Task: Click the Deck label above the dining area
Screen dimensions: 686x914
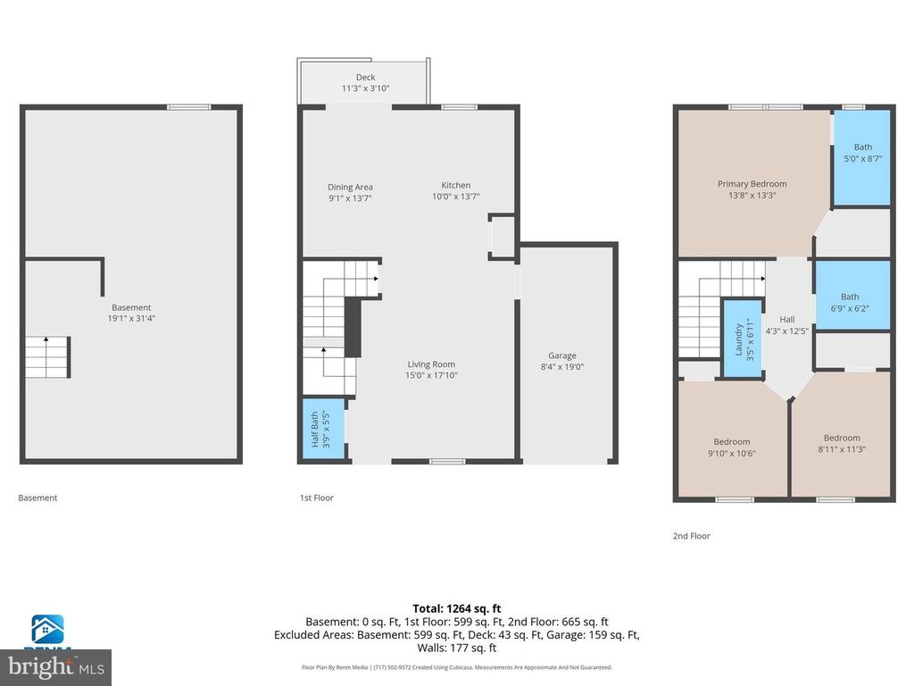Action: click(x=365, y=78)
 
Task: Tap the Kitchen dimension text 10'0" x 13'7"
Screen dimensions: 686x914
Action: click(x=455, y=197)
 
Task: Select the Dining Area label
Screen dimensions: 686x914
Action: click(x=350, y=188)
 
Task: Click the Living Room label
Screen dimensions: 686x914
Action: click(x=431, y=364)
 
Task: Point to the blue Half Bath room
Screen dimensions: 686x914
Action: click(x=321, y=429)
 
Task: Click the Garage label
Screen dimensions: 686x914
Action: click(x=561, y=356)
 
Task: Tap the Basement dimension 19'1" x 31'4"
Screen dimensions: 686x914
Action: click(x=131, y=318)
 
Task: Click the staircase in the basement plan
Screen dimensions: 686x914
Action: click(x=46, y=356)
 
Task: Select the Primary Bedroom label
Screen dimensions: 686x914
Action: click(x=752, y=184)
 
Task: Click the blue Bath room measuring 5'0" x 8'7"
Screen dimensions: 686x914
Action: click(x=862, y=156)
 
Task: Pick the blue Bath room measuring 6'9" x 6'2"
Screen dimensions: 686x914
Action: click(x=852, y=297)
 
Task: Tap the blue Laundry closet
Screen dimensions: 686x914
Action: click(x=737, y=339)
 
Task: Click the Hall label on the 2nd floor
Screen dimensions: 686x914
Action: click(x=786, y=320)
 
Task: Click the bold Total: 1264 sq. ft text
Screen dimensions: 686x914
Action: click(x=456, y=607)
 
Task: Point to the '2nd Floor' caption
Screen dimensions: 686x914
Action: click(x=692, y=536)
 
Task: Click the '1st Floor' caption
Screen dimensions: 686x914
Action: click(x=317, y=498)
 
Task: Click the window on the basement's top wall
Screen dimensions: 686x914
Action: click(x=189, y=107)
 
